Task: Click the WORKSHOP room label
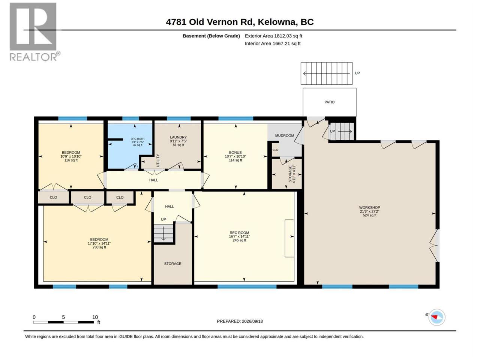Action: [x=369, y=207]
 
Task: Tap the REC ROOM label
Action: [x=239, y=232]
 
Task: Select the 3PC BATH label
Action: [x=138, y=139]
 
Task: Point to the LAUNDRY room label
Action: [x=178, y=137]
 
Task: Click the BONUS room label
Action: [x=235, y=152]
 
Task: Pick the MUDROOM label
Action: [x=285, y=135]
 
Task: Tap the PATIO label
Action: [x=329, y=102]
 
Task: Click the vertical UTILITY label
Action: [x=158, y=160]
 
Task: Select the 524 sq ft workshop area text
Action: [x=369, y=215]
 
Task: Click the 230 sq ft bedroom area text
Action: [x=99, y=247]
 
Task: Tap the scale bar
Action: [x=63, y=322]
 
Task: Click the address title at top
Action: [x=240, y=22]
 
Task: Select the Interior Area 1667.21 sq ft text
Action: [x=273, y=43]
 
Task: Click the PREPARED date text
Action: [x=240, y=321]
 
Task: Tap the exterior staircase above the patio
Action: [x=327, y=73]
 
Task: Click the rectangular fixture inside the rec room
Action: [x=289, y=238]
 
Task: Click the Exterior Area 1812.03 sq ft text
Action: [x=273, y=36]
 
